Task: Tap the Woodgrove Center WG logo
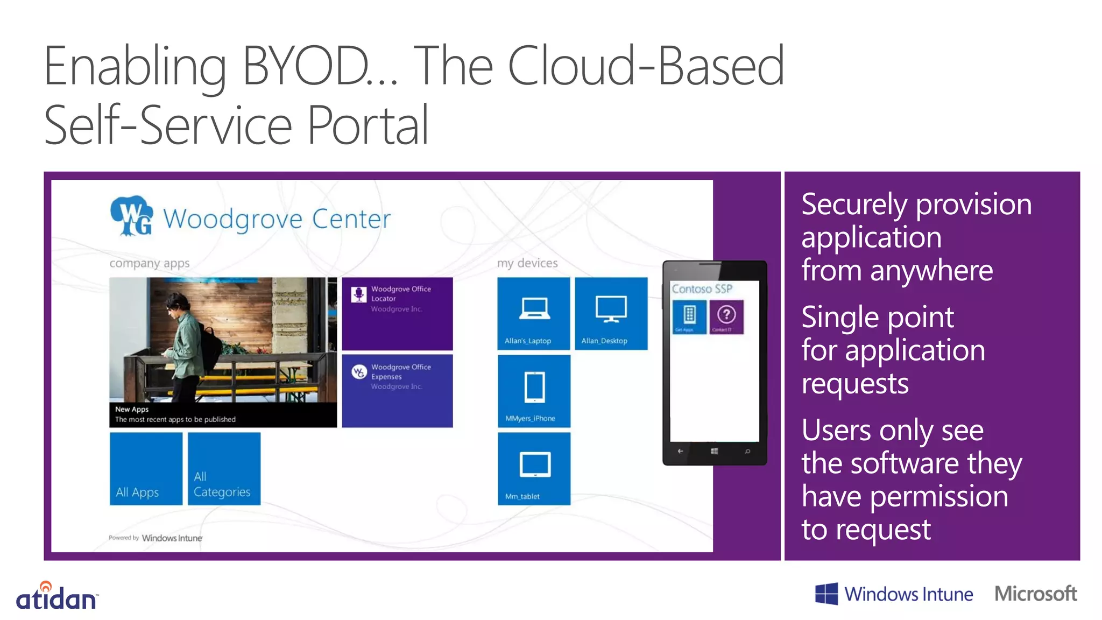(x=131, y=216)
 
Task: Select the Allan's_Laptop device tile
(x=533, y=314)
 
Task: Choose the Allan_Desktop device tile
(x=611, y=314)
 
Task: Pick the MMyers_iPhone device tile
(x=534, y=391)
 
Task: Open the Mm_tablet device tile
(x=534, y=469)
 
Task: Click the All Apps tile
(x=146, y=469)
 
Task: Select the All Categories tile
(x=223, y=469)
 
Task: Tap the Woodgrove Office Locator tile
(x=397, y=314)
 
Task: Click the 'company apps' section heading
(x=150, y=263)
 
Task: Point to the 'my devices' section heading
(x=527, y=263)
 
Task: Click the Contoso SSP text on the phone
(x=702, y=289)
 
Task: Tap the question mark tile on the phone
(x=726, y=316)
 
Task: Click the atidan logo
(x=56, y=597)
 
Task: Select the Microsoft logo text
(x=1035, y=594)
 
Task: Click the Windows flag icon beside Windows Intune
(x=826, y=594)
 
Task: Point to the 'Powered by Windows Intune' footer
(x=156, y=538)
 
